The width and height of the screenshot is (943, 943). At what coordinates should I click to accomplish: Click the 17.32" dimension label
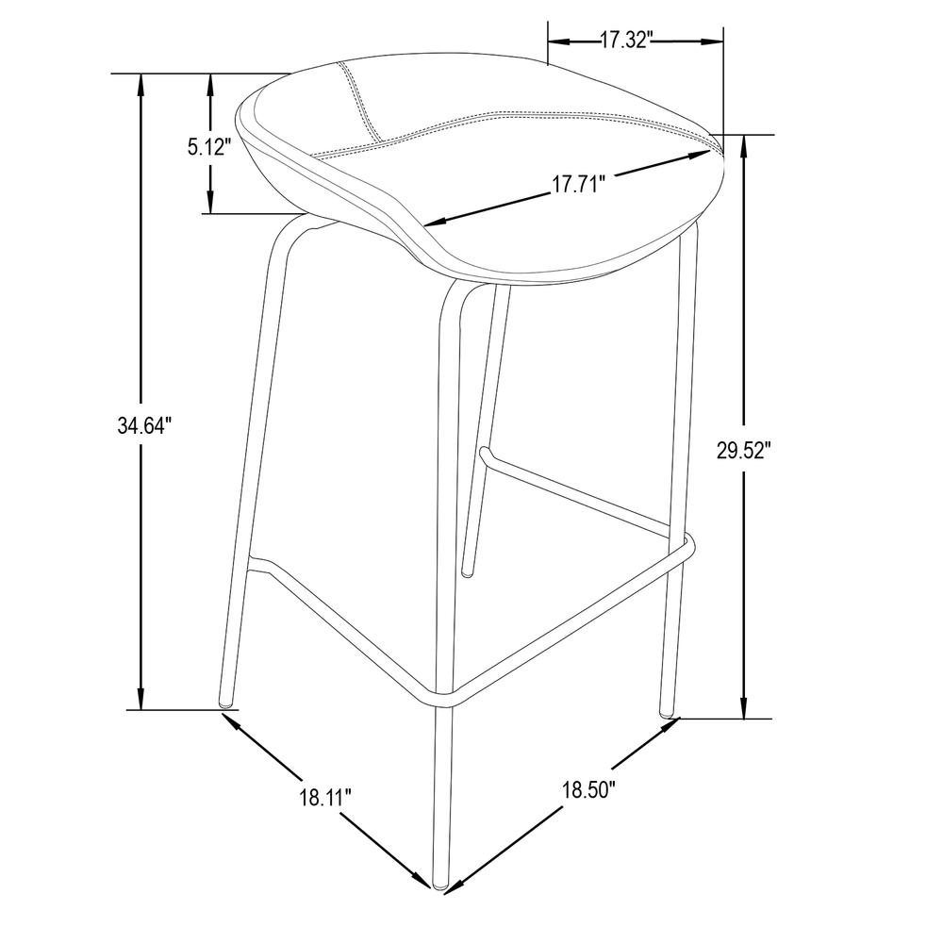(627, 41)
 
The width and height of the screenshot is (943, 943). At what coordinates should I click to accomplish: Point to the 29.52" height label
(743, 450)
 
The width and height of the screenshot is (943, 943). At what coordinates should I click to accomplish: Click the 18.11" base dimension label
(325, 798)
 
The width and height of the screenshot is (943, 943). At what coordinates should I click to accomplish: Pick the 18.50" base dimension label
(588, 789)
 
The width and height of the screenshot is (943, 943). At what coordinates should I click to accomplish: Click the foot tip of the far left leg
(225, 702)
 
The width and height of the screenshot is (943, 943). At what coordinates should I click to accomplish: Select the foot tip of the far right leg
(668, 713)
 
